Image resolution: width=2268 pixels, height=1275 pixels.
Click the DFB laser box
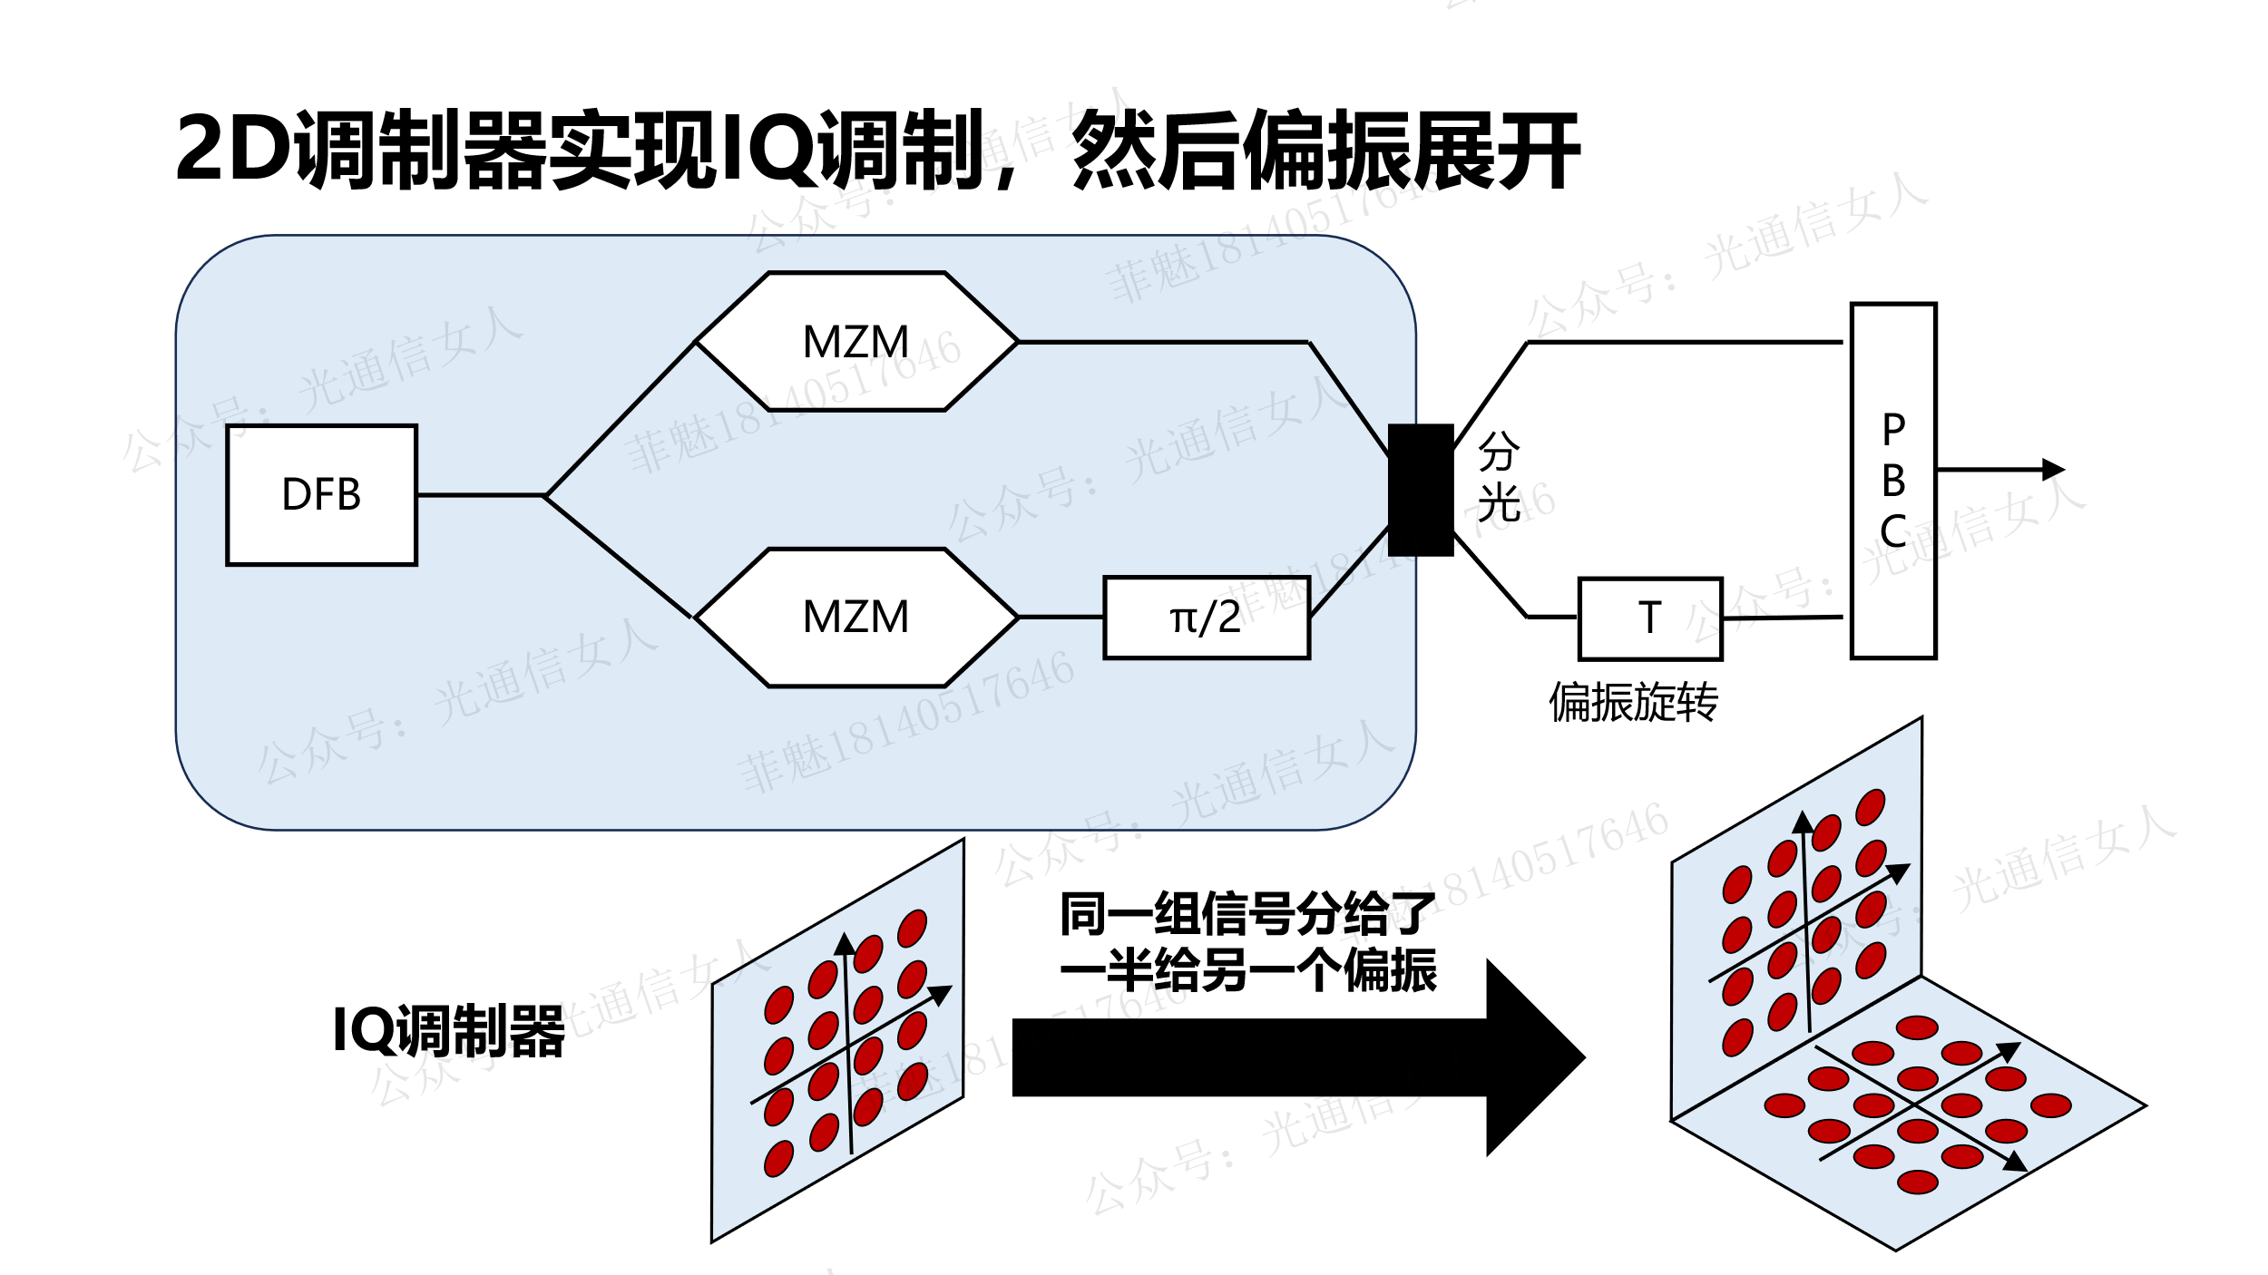pos(321,495)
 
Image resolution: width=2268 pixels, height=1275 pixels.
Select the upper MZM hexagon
pos(856,342)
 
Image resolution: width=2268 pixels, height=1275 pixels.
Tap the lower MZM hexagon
pos(856,618)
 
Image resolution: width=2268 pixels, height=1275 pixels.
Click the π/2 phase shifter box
pos(1206,618)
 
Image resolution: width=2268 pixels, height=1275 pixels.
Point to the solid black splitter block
pos(1421,490)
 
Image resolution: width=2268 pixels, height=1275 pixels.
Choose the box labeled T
pos(1649,618)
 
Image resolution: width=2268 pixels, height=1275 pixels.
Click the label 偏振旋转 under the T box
pos(1633,702)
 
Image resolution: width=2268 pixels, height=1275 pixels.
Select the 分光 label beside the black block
pos(1499,477)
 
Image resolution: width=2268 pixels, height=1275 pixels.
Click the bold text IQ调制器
pos(449,1031)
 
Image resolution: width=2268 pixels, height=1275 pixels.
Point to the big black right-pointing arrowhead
pos(1533,1057)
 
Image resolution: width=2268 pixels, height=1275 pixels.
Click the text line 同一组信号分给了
pos(1247,914)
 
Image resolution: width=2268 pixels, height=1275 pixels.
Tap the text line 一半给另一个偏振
pos(1247,970)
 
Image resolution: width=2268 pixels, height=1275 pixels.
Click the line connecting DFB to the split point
pos(481,495)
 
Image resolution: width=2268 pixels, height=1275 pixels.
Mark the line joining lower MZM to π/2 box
pos(1061,618)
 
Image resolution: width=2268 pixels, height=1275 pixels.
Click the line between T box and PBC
pos(1783,618)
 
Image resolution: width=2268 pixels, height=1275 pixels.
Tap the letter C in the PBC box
pos(1893,531)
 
